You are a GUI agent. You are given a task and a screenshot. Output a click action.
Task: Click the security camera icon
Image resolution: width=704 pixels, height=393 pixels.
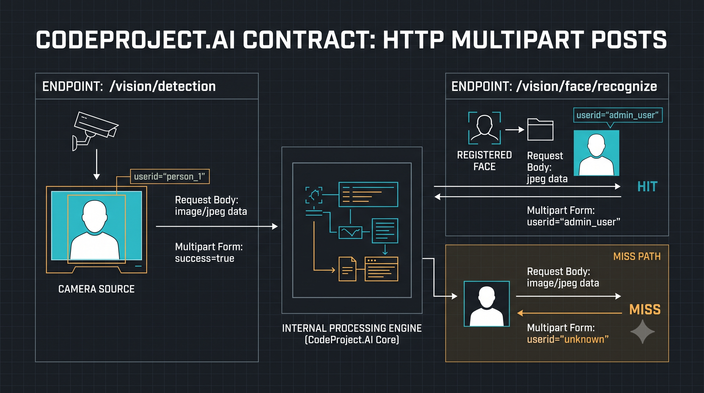(x=95, y=131)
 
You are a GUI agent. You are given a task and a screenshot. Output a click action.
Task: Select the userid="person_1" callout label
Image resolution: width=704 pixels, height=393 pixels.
(x=170, y=177)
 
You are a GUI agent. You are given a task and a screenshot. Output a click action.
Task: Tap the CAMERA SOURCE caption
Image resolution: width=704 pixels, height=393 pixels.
(x=96, y=289)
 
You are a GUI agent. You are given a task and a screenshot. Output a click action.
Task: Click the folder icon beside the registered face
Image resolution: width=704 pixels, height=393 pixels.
(x=540, y=129)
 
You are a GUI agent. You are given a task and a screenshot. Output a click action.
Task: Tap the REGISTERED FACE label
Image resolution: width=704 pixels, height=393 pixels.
(x=484, y=161)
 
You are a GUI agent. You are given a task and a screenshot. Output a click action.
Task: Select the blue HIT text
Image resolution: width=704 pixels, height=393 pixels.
(x=647, y=187)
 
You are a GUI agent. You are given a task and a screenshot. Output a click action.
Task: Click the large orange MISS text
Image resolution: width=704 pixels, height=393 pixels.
(x=645, y=310)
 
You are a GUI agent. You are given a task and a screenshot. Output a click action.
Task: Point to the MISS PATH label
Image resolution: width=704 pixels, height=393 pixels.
(x=637, y=256)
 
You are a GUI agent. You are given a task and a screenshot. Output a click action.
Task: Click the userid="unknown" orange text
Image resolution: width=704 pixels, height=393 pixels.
(x=568, y=340)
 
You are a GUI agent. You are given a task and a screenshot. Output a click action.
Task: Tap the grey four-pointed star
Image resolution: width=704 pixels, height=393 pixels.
(x=643, y=332)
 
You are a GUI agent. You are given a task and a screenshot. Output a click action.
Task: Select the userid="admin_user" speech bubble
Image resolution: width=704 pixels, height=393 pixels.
(x=618, y=115)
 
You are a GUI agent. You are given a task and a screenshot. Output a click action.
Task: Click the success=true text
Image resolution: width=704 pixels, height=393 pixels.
(x=205, y=258)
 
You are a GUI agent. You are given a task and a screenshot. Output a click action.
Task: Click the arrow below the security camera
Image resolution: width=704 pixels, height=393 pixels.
(x=96, y=164)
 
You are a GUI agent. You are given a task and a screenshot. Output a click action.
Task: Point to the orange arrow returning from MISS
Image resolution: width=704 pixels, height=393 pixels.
(x=569, y=313)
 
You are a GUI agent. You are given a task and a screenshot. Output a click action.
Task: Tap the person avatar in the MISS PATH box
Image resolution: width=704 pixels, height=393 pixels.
(x=487, y=304)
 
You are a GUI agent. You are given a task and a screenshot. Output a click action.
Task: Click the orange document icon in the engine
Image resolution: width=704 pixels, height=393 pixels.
(x=347, y=269)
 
